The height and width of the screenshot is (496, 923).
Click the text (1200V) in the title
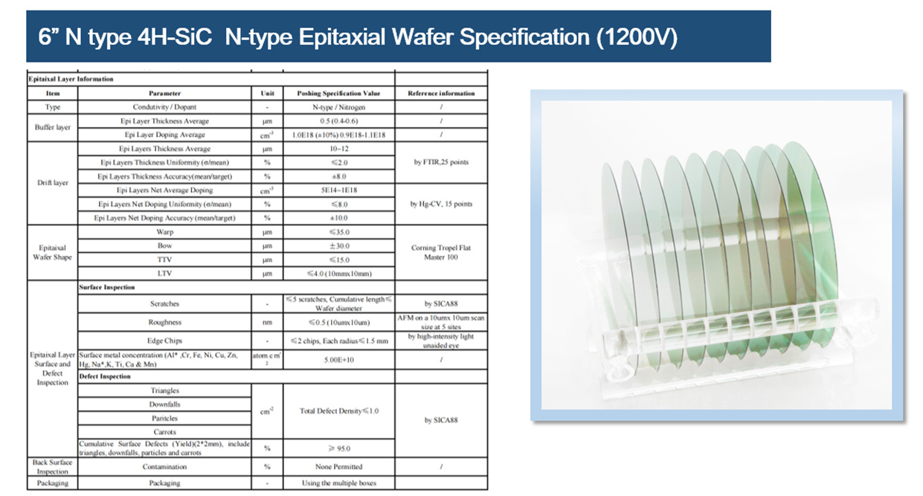coord(636,36)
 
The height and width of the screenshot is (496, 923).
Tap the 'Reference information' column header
coord(441,94)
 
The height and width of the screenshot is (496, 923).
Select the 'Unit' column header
coord(267,94)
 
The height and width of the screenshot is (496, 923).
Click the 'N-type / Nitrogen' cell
coord(338,107)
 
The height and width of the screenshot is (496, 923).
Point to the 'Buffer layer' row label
coord(52,127)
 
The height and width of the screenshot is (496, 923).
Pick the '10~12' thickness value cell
coord(338,149)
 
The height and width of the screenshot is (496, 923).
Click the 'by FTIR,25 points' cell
coord(441,162)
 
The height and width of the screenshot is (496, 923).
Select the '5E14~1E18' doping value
coord(338,190)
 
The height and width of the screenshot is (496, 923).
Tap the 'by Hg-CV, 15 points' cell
coord(441,204)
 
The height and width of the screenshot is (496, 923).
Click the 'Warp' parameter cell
coord(164,232)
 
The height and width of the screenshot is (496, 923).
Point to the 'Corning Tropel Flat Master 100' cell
coord(441,253)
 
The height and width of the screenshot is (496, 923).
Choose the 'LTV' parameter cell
coord(164,274)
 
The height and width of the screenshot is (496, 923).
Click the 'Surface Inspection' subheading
coord(106,287)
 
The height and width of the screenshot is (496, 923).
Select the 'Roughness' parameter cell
coord(164,322)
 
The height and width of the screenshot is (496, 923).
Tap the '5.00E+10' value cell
coord(338,360)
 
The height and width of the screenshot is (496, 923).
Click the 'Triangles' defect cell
coord(164,390)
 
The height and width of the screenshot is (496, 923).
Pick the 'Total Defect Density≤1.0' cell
coord(338,411)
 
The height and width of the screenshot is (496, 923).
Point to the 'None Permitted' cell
coord(338,467)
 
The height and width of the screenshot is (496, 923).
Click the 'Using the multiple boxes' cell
coord(338,483)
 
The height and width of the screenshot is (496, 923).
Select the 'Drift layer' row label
coord(52,183)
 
